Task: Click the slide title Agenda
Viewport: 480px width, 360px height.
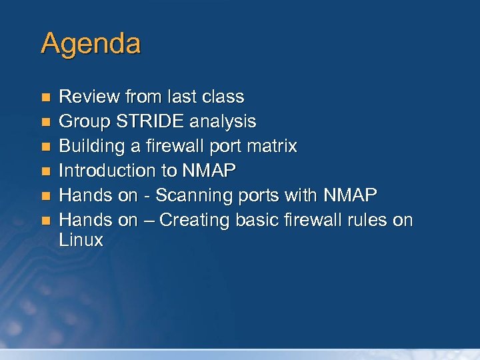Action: (x=91, y=44)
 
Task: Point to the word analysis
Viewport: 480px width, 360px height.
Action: (x=223, y=122)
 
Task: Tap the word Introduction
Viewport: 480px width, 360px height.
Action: (x=107, y=171)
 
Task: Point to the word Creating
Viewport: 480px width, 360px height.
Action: (x=195, y=220)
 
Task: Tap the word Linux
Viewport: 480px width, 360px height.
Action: (x=81, y=241)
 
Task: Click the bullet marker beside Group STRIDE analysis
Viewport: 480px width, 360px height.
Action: (x=45, y=123)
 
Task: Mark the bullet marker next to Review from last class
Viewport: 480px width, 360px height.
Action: (x=45, y=98)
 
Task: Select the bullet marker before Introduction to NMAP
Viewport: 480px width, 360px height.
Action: (x=45, y=171)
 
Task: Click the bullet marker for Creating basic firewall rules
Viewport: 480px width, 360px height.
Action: (x=45, y=221)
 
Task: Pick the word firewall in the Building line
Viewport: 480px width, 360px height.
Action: (x=177, y=147)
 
